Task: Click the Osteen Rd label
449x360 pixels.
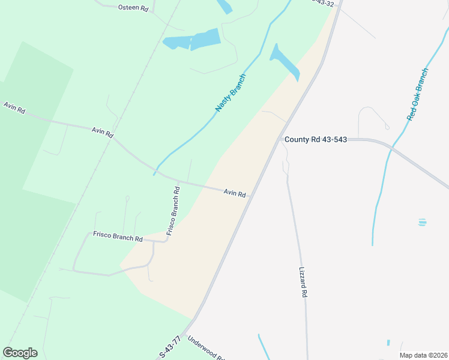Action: pos(133,8)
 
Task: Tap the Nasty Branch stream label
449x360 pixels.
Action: pos(231,92)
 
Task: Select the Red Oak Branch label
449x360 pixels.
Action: pos(418,94)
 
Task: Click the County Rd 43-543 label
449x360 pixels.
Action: pos(316,139)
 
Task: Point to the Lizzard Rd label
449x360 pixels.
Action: pos(303,283)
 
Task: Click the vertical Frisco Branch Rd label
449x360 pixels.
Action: pos(173,210)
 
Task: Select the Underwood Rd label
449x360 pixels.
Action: pos(205,349)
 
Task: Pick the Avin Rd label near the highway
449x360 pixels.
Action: pos(235,193)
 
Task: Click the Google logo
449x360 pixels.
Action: pos(20,353)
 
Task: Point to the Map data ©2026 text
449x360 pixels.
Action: pos(423,355)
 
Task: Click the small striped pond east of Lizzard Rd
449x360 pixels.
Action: pos(423,222)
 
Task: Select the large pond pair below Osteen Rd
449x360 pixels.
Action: pos(192,40)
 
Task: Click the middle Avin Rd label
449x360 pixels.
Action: pos(102,132)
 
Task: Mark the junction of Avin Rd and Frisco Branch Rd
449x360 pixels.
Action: pos(179,181)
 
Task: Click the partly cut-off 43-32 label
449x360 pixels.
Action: pos(323,3)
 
